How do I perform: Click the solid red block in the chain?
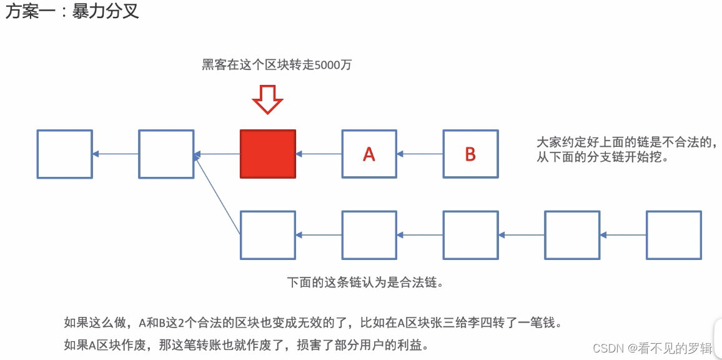[268, 154]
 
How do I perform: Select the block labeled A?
[369, 154]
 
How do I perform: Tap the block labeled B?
[470, 154]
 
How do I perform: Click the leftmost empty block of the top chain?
[64, 154]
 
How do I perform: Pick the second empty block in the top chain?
[166, 154]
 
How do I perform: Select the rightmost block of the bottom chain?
[673, 235]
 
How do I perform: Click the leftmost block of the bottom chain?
[268, 235]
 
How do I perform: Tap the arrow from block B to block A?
[420, 154]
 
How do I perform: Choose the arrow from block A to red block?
[319, 154]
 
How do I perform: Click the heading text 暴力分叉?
[106, 11]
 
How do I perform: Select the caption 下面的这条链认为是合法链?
[365, 282]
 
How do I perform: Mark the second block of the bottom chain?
[369, 235]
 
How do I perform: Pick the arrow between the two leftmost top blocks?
[116, 154]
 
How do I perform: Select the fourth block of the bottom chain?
[572, 235]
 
